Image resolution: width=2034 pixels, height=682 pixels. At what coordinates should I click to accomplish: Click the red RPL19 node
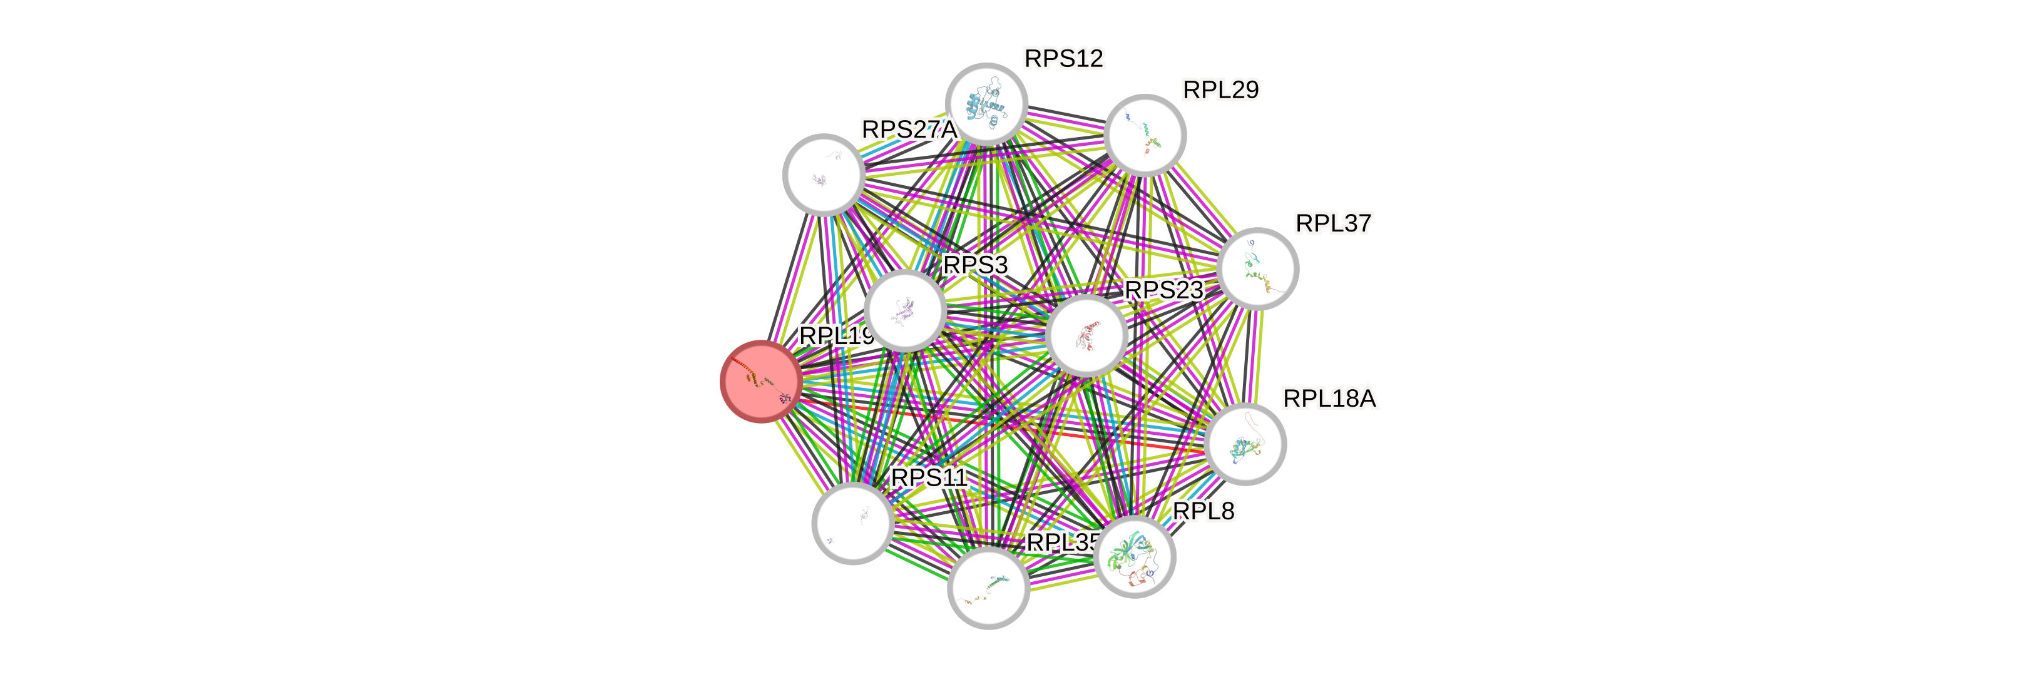pos(761,381)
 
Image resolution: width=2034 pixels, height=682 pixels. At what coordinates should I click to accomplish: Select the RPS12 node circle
pos(986,104)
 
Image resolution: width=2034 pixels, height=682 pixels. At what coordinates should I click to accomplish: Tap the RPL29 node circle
pos(1145,135)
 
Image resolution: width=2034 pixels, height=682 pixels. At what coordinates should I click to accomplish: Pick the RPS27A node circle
pos(824,175)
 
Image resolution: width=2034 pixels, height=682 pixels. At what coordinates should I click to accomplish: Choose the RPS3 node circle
pos(905,310)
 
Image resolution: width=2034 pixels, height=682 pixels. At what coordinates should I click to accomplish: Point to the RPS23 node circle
pos(1086,335)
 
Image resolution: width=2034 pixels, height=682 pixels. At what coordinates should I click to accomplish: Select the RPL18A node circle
pos(1246,444)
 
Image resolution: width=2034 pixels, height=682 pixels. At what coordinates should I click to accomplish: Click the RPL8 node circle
pos(1135,556)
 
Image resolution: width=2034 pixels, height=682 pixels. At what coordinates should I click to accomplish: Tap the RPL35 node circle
pos(988,588)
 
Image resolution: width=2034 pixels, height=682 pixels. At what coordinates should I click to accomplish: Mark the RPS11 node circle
pos(853,523)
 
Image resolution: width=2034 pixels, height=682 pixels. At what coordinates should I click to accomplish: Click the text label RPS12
pos(1063,58)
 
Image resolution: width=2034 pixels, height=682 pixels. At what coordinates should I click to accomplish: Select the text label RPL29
pos(1221,90)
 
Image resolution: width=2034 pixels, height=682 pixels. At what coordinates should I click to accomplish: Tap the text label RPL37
pos(1334,223)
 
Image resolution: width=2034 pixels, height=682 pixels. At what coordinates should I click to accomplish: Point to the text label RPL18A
pos(1330,399)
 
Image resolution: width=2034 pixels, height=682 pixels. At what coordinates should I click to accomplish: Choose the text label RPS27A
pos(908,130)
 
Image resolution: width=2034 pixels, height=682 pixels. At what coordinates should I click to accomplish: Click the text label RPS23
pos(1164,290)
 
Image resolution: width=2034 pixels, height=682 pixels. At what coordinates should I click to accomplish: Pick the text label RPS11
pos(929,477)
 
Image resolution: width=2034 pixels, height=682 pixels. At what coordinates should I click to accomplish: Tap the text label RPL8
pos(1204,512)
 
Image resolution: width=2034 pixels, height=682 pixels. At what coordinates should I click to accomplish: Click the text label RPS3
pos(976,265)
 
